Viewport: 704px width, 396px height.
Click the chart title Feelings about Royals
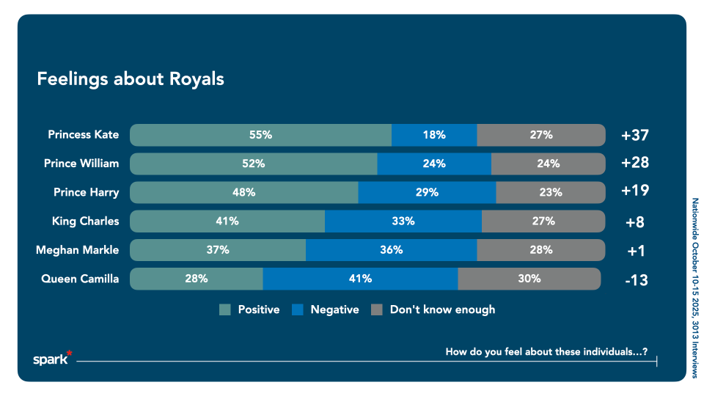[131, 79]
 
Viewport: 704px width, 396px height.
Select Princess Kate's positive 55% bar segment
[260, 135]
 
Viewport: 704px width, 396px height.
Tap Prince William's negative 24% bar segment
[434, 164]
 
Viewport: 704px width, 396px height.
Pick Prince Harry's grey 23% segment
[551, 192]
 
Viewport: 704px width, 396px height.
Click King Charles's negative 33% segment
[403, 221]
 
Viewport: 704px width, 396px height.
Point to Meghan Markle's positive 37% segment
[218, 249]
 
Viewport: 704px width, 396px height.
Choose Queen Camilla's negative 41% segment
[360, 279]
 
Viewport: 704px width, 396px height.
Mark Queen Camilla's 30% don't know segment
[529, 279]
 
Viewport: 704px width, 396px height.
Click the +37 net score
[634, 136]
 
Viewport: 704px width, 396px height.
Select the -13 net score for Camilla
[634, 279]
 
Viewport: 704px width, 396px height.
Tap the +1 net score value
[635, 251]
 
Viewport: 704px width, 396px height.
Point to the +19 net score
[634, 191]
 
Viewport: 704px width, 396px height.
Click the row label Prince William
[81, 164]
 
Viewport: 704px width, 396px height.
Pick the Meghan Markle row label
[77, 250]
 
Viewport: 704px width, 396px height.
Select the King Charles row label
[85, 221]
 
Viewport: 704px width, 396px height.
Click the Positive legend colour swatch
[226, 310]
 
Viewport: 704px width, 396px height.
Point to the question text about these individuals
[546, 352]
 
